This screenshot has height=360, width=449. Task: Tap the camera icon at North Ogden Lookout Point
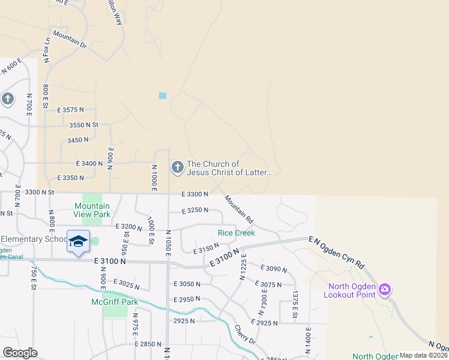(x=385, y=290)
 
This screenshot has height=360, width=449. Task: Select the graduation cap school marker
(x=79, y=241)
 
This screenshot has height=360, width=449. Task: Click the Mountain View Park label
(x=92, y=210)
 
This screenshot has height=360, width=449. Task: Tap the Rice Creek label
(x=236, y=233)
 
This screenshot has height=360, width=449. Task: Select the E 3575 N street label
(x=71, y=110)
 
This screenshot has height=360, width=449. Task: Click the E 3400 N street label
(x=89, y=163)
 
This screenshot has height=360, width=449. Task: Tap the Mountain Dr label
(x=70, y=40)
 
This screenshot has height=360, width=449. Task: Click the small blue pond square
(x=162, y=95)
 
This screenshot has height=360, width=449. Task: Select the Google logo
(x=20, y=353)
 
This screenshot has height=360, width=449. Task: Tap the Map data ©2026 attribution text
(x=424, y=355)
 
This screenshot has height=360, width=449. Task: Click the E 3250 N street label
(x=194, y=211)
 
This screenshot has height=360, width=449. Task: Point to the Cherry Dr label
(x=245, y=335)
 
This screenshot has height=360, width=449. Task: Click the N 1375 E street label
(x=295, y=304)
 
